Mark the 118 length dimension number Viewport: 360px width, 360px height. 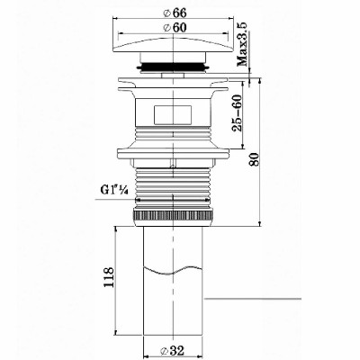[x=108, y=278]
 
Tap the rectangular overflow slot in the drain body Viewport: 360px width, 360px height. [x=174, y=115]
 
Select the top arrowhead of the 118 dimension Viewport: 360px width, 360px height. [x=118, y=230]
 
